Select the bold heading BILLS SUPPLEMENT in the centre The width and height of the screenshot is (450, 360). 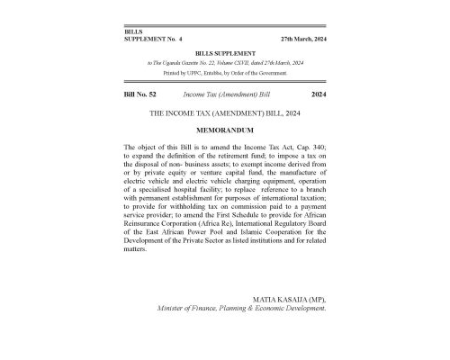[x=224, y=53]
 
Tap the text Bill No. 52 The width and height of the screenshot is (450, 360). [x=140, y=94]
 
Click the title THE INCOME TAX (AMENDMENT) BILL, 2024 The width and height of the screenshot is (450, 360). [x=224, y=113]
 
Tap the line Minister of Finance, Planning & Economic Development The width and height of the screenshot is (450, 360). [x=241, y=307]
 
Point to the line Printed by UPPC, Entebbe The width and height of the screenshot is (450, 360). [x=224, y=72]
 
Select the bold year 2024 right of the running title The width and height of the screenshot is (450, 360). [x=317, y=94]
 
